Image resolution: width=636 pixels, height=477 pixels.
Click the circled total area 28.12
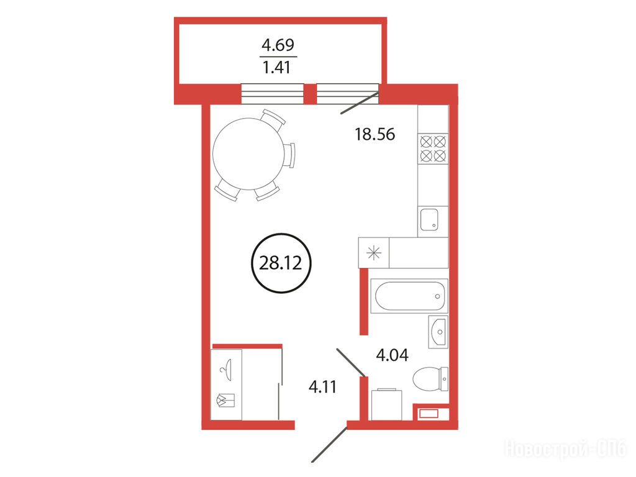(x=281, y=263)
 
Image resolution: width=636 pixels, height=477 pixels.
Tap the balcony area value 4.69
(x=278, y=45)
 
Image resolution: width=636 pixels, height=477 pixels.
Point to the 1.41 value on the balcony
(x=277, y=67)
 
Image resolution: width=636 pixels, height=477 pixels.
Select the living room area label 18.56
(x=375, y=134)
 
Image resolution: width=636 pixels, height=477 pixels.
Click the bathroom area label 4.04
(x=393, y=355)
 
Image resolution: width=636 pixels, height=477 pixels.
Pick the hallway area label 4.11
(x=322, y=386)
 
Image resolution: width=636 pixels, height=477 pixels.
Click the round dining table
(x=247, y=154)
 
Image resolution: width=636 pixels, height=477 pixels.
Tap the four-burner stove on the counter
(x=433, y=149)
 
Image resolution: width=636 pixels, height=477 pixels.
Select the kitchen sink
(x=429, y=219)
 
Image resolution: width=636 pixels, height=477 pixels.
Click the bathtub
(x=409, y=296)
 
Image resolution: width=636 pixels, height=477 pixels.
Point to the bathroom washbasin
(x=438, y=332)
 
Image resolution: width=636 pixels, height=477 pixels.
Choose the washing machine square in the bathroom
(x=386, y=405)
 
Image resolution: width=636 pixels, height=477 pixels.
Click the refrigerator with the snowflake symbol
(x=373, y=253)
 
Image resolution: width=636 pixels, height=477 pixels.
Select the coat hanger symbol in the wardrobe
(x=227, y=369)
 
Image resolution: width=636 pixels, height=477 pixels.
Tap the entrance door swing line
(x=330, y=443)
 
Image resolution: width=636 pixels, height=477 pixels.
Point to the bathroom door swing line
(x=352, y=362)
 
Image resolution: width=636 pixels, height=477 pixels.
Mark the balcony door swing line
(x=360, y=104)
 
